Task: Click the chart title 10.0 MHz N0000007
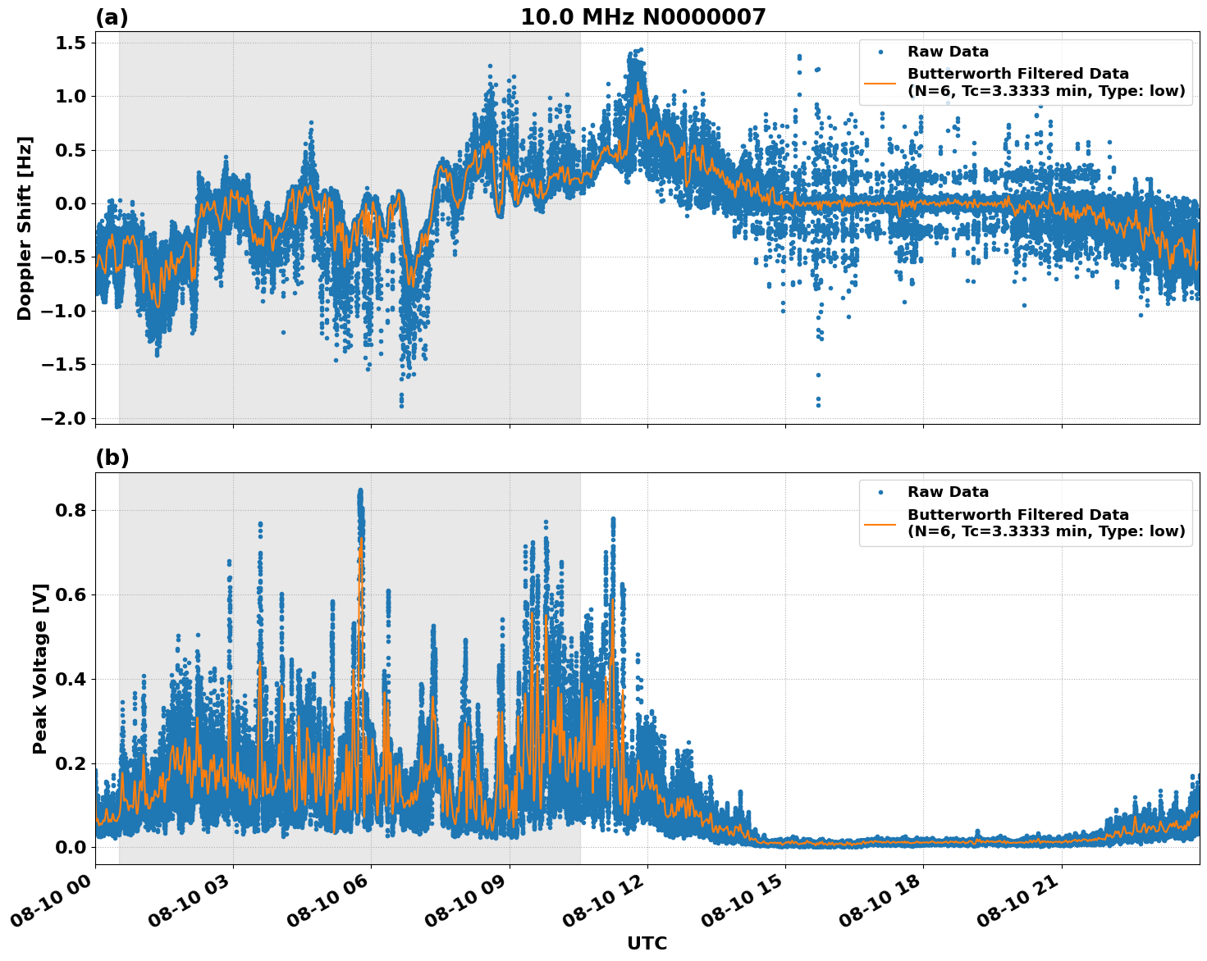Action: pyautogui.click(x=642, y=17)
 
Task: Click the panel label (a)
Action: pyautogui.click(x=112, y=17)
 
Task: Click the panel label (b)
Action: pyautogui.click(x=112, y=458)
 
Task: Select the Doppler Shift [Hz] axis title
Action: pyautogui.click(x=25, y=228)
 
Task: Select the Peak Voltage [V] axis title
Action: pyautogui.click(x=40, y=668)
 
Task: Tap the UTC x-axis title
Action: pyautogui.click(x=647, y=943)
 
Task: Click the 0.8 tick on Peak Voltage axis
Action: pyautogui.click(x=74, y=510)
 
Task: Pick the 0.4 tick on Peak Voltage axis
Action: pyautogui.click(x=74, y=679)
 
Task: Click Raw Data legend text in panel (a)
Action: pyautogui.click(x=948, y=52)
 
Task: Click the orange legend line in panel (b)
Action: pyautogui.click(x=880, y=523)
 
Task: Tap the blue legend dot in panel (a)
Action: pyautogui.click(x=880, y=52)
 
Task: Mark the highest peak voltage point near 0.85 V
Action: pyautogui.click(x=359, y=490)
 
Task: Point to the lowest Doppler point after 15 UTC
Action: pyautogui.click(x=818, y=405)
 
